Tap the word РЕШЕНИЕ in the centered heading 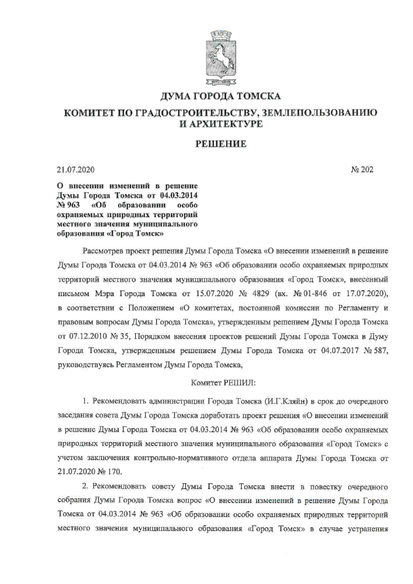coord(220,144)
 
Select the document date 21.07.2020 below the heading coord(76,170)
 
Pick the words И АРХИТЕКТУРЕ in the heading coord(220,124)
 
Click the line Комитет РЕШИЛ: coord(223,383)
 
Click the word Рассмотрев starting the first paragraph coord(103,251)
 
